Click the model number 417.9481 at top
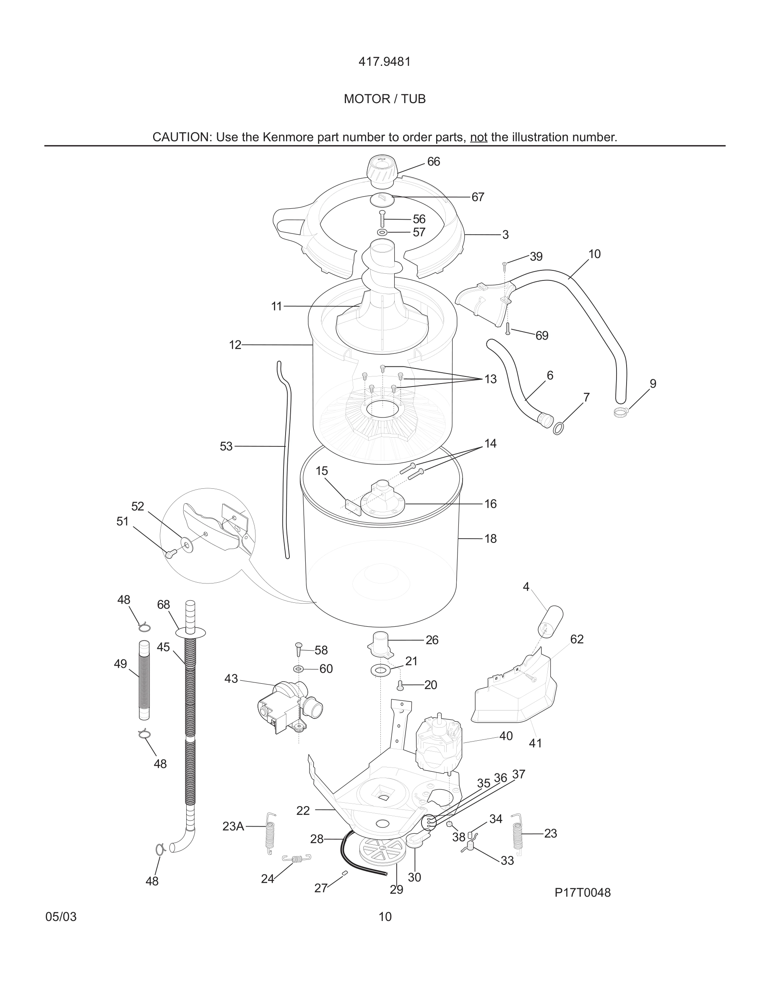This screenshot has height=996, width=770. point(385,62)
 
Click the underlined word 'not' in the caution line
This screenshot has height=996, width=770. point(479,137)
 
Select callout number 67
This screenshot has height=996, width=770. point(478,197)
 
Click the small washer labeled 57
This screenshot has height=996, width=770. point(382,233)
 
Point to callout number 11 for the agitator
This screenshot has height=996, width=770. point(276,306)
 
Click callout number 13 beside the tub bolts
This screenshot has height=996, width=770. point(490,379)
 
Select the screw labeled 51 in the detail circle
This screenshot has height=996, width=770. point(172,554)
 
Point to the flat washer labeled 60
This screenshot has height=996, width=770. point(299,669)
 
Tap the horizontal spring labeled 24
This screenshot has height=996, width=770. point(297,859)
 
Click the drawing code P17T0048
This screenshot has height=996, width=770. point(582,892)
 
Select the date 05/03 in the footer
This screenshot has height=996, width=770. point(61,917)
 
